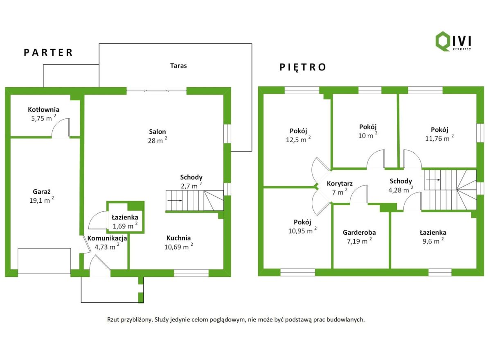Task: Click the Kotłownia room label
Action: coord(43,109)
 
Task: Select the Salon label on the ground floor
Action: coord(158,132)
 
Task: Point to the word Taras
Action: coord(178,66)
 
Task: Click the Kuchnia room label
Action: coord(178,238)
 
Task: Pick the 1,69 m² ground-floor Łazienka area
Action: coord(125,226)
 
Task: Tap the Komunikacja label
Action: coord(107,238)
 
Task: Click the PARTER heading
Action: coord(48,52)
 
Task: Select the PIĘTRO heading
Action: coord(303,67)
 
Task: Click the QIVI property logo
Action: coord(453,41)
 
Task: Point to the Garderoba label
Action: coord(359,232)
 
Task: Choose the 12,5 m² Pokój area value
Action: coord(298,140)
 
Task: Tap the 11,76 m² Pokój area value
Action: coord(439,138)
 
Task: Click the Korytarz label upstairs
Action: coord(340,183)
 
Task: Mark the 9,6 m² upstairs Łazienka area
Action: coord(433,242)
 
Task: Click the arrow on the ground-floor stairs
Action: coord(175,201)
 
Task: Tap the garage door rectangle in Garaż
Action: coord(44,261)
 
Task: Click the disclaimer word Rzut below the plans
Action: coord(114,319)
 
